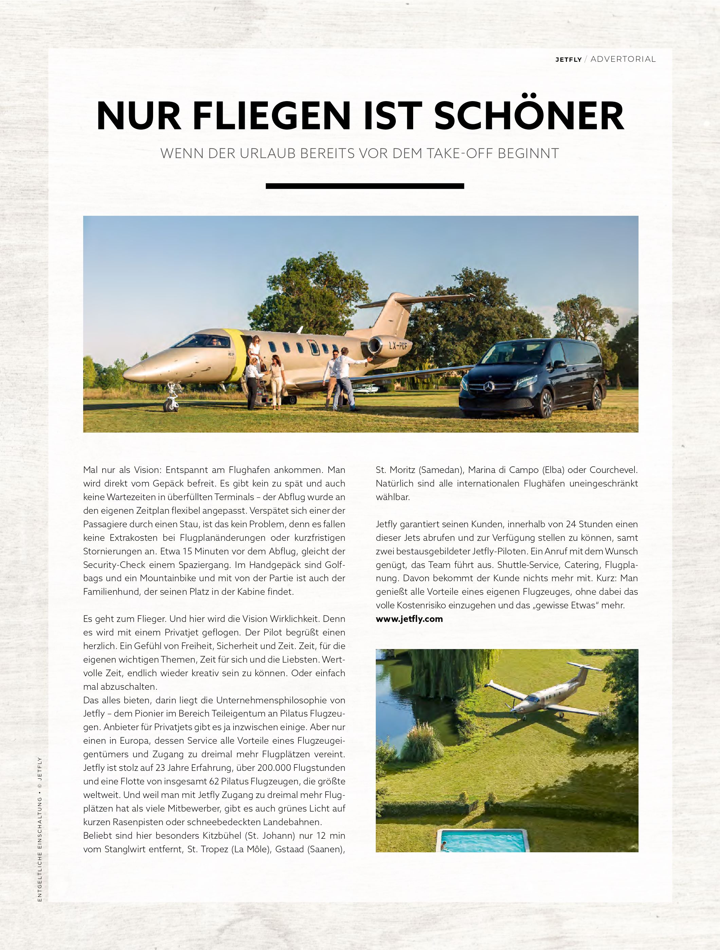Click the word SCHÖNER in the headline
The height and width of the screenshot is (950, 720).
[529, 116]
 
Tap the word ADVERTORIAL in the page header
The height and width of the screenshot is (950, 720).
[623, 59]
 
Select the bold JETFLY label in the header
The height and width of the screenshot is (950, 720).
[568, 60]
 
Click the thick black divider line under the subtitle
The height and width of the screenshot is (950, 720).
[365, 186]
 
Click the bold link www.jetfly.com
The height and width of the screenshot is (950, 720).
[409, 619]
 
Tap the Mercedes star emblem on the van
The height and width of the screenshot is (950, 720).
[489, 386]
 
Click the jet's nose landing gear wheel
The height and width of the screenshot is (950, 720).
[170, 405]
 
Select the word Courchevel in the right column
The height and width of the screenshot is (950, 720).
[613, 470]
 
